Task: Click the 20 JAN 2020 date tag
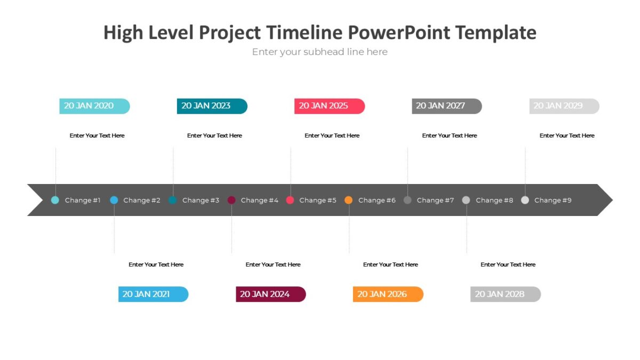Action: (x=94, y=106)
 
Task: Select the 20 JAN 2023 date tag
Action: (x=212, y=106)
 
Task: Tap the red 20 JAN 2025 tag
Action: (x=329, y=106)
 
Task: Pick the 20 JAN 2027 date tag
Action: (x=446, y=106)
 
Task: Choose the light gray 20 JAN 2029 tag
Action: (x=564, y=106)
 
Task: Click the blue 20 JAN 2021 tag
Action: (x=153, y=294)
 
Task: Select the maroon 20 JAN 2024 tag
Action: (x=270, y=294)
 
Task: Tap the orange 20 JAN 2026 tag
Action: (x=388, y=294)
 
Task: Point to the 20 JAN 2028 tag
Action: (x=505, y=294)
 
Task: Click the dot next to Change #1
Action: (x=55, y=200)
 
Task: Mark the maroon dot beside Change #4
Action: (x=231, y=200)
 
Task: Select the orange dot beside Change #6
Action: (x=349, y=200)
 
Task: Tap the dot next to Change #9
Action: (x=525, y=200)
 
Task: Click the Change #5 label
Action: (x=318, y=201)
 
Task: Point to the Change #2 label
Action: (x=142, y=201)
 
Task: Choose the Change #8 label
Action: (x=494, y=201)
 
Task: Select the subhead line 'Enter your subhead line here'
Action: (x=320, y=52)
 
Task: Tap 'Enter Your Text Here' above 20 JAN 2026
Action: (x=390, y=265)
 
